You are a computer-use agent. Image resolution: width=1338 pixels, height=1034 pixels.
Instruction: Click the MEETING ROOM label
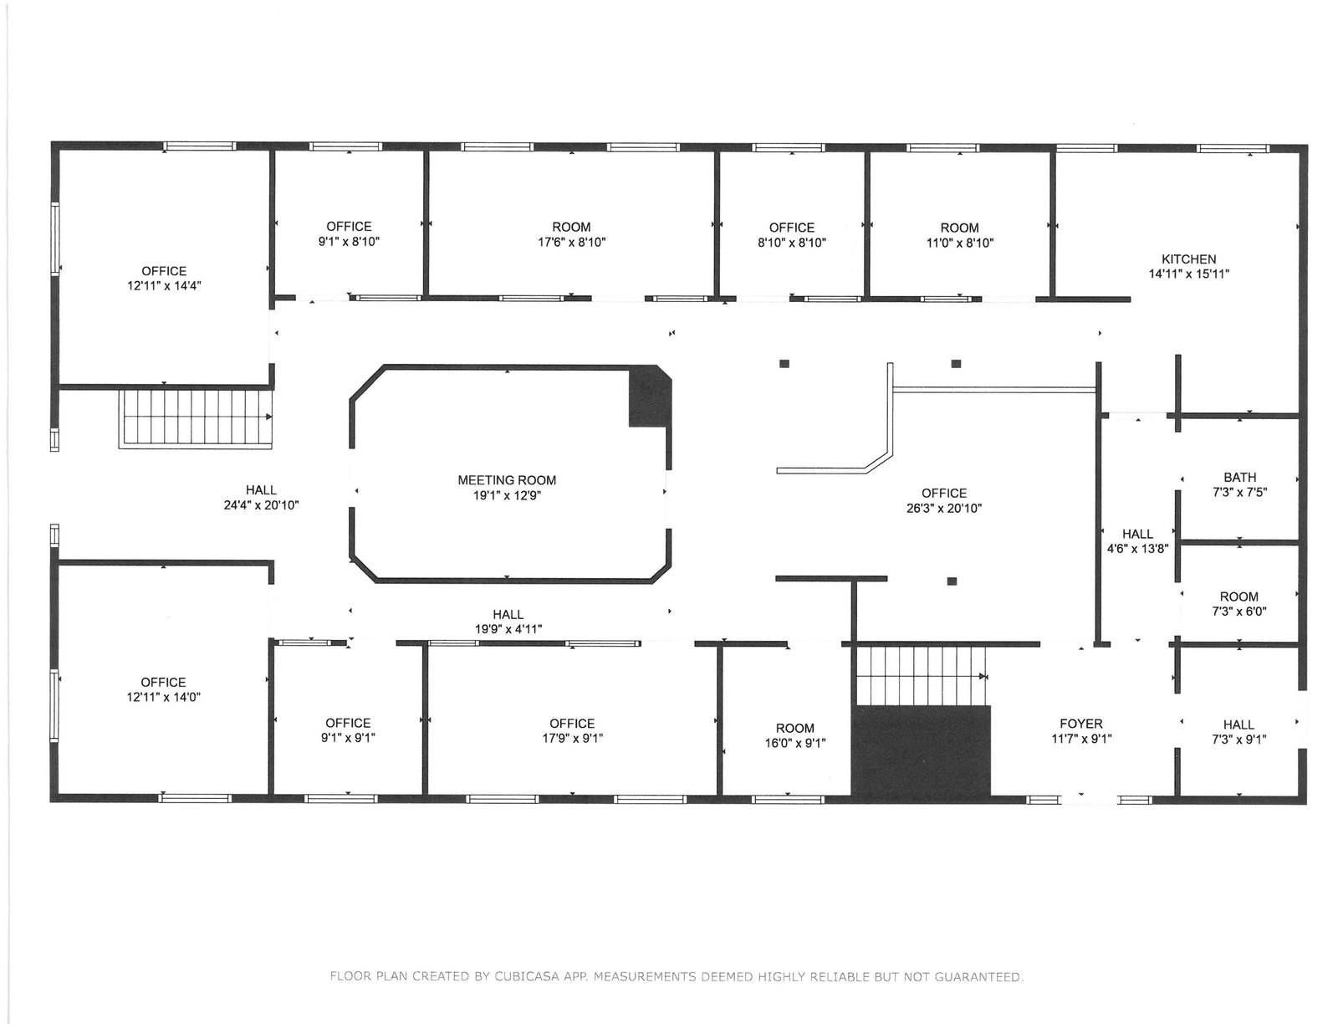pyautogui.click(x=507, y=480)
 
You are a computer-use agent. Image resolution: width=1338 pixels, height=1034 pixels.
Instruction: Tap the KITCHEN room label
pyautogui.click(x=1188, y=259)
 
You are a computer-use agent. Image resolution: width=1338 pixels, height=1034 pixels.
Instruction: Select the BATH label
pyautogui.click(x=1239, y=478)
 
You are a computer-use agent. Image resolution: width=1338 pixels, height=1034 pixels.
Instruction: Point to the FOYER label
pyautogui.click(x=1080, y=724)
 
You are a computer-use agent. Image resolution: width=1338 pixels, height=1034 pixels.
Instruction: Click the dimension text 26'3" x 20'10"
pyautogui.click(x=944, y=508)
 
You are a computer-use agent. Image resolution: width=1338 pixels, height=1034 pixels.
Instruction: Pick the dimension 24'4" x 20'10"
pyautogui.click(x=261, y=505)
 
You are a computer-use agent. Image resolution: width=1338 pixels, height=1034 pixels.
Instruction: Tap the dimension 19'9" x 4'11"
pyautogui.click(x=508, y=629)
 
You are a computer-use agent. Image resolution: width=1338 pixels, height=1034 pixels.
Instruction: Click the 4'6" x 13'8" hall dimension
pyautogui.click(x=1137, y=549)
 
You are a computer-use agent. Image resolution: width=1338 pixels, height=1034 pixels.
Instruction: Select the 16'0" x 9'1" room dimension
pyautogui.click(x=795, y=744)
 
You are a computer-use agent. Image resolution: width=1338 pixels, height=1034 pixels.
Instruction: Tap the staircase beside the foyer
pyautogui.click(x=922, y=676)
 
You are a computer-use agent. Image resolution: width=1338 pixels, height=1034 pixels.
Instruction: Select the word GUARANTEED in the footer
pyautogui.click(x=978, y=977)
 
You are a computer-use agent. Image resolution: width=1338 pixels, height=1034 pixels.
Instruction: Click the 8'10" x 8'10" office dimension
pyautogui.click(x=791, y=243)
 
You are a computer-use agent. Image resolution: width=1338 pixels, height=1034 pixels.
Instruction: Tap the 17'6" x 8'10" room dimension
pyautogui.click(x=571, y=242)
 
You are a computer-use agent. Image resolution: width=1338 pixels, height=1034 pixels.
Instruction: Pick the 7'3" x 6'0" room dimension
pyautogui.click(x=1238, y=612)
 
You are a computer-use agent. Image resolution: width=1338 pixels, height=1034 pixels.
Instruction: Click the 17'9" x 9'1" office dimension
pyautogui.click(x=572, y=739)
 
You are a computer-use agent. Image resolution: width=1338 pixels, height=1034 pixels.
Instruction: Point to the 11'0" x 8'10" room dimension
pyautogui.click(x=959, y=243)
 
